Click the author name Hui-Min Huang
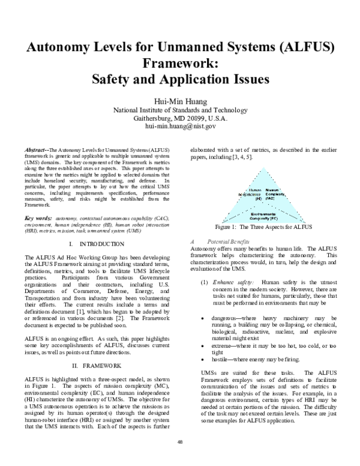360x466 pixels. point(180,100)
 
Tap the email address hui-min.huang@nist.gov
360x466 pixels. point(180,127)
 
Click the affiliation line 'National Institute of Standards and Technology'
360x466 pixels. point(180,110)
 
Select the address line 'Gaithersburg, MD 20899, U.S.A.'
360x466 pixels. point(180,118)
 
